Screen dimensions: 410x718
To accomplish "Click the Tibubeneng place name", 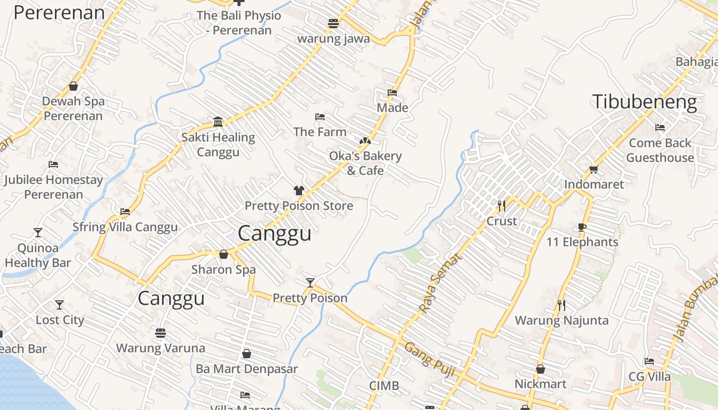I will (x=644, y=102).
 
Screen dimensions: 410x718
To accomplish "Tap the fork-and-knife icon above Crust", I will (x=502, y=206).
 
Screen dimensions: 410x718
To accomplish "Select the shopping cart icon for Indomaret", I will (x=593, y=169).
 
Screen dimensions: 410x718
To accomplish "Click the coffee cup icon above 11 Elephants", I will (x=582, y=227).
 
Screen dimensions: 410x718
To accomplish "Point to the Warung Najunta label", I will (x=562, y=321).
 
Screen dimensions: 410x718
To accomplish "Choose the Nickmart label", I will (x=541, y=384).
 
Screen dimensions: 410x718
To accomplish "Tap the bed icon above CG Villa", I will (x=649, y=361).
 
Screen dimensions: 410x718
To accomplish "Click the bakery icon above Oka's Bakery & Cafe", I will (x=365, y=140).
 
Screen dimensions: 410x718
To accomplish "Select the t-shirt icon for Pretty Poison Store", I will (x=299, y=191).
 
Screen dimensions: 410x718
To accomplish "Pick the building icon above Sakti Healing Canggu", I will (x=218, y=121).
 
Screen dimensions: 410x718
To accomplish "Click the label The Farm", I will (x=320, y=132).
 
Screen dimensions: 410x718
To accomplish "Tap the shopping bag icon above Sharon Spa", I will (x=224, y=254).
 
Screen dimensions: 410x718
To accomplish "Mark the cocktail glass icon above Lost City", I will (x=59, y=305).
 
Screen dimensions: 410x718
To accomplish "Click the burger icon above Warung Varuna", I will (x=161, y=333).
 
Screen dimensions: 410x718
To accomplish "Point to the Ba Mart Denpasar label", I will (x=247, y=369).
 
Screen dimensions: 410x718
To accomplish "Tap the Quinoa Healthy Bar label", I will (x=37, y=255).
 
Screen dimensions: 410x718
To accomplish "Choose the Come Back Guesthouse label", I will (x=660, y=150).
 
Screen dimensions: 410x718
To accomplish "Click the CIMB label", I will (x=384, y=386).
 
